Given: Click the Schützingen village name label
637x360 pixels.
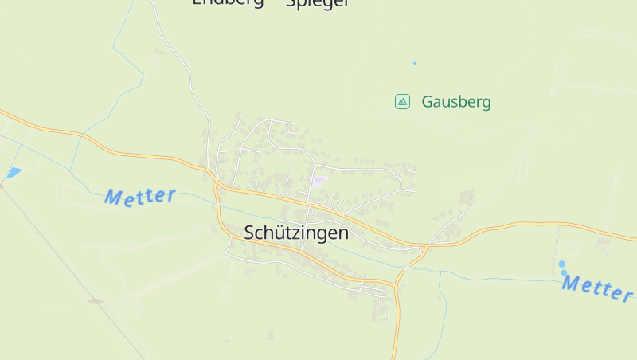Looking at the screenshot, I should pyautogui.click(x=296, y=233).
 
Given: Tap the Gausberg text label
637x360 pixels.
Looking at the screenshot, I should pyautogui.click(x=456, y=102).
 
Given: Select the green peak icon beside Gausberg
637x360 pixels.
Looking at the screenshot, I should pyautogui.click(x=402, y=101).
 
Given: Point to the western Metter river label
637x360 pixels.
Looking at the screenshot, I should pyautogui.click(x=139, y=196).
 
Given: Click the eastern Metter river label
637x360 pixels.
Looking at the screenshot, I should pyautogui.click(x=597, y=288).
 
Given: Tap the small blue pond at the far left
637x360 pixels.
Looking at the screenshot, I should pyautogui.click(x=14, y=172).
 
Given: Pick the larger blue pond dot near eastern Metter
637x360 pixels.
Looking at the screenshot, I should pyautogui.click(x=561, y=264).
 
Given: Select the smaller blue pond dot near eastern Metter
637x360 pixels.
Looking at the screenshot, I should pyautogui.click(x=565, y=272).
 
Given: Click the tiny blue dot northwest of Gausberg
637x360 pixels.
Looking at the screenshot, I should pyautogui.click(x=415, y=63).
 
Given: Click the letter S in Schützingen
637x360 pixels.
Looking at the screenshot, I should pyautogui.click(x=250, y=233).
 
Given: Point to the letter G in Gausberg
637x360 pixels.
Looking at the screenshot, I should pyautogui.click(x=428, y=102).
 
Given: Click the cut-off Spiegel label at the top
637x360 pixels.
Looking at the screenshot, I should pyautogui.click(x=317, y=3).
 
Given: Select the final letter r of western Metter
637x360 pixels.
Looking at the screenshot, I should pyautogui.click(x=170, y=194).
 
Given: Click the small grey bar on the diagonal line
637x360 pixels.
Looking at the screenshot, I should pyautogui.click(x=96, y=301).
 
